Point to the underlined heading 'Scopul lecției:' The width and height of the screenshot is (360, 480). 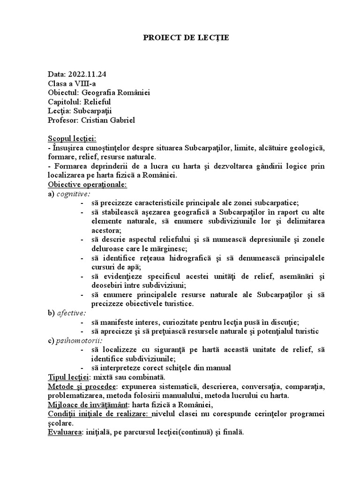click(72, 139)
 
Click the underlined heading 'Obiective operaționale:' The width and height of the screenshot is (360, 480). click(87, 184)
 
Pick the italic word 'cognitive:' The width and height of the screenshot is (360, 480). click(74, 194)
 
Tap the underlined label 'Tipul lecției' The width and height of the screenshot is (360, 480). click(69, 377)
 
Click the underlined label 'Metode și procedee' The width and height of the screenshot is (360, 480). click(82, 386)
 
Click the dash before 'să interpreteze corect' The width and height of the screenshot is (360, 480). click(82, 368)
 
